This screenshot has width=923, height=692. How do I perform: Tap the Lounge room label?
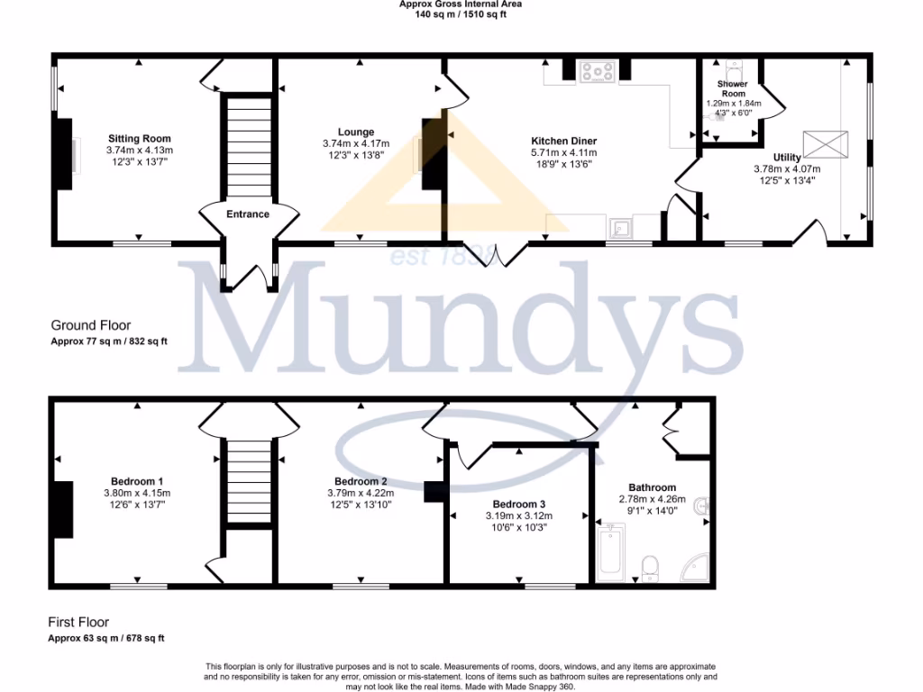[356, 132]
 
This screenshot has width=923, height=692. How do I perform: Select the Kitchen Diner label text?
[563, 141]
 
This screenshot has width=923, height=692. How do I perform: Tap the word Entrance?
[248, 214]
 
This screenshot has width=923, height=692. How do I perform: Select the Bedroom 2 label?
[361, 481]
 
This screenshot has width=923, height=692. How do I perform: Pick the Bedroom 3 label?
[519, 505]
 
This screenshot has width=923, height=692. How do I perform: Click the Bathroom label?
[653, 487]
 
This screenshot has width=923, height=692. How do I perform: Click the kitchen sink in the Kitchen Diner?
[620, 225]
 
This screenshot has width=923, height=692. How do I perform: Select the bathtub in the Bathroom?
[613, 551]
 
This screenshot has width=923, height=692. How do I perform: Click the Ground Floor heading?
[90, 326]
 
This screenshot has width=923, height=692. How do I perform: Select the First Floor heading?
[78, 623]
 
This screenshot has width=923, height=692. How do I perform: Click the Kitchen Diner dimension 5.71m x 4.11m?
[563, 153]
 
